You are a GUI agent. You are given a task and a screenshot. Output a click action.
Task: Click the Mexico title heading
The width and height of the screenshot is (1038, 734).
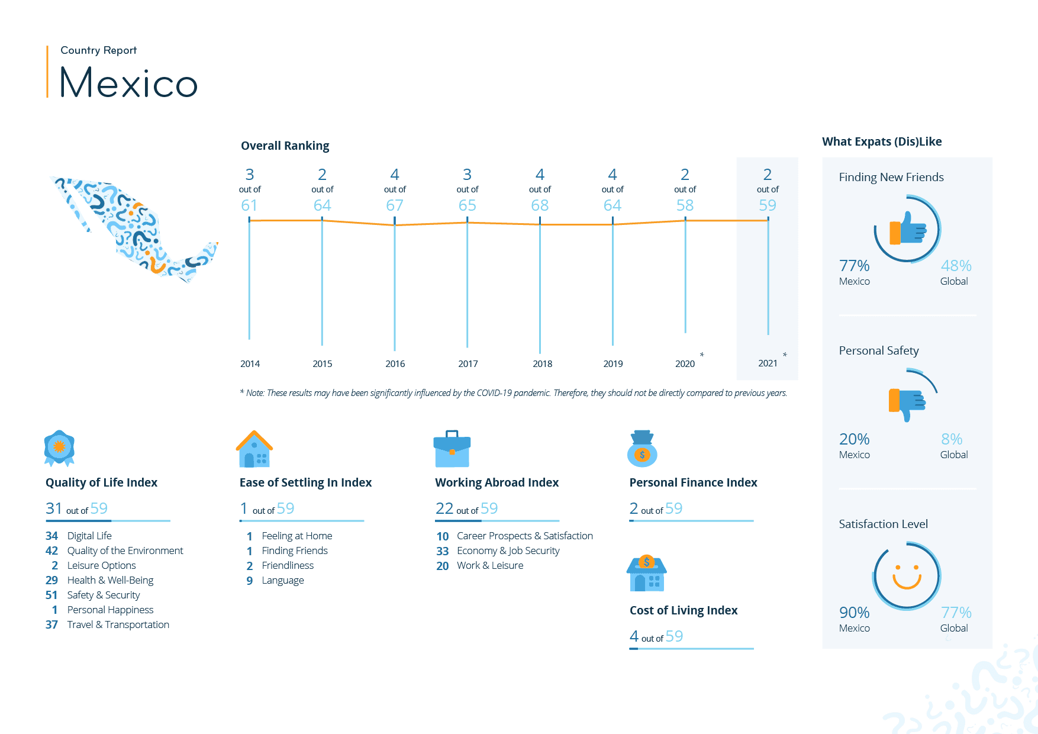(128, 82)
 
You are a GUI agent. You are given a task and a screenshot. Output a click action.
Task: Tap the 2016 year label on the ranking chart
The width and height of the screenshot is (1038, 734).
(395, 363)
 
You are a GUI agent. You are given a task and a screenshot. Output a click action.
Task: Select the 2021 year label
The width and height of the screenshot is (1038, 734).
(768, 363)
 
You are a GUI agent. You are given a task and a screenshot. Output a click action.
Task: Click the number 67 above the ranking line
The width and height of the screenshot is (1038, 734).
(395, 205)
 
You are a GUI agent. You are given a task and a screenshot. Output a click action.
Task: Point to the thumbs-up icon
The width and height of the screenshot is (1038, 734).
(907, 229)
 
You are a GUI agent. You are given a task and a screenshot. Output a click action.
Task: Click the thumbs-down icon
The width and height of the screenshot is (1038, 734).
(907, 403)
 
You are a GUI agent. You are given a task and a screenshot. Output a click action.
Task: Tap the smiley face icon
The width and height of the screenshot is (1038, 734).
(907, 576)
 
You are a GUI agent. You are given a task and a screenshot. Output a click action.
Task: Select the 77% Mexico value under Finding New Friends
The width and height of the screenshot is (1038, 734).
(854, 266)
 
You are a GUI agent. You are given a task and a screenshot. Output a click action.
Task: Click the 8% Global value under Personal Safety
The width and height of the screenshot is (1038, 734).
(952, 439)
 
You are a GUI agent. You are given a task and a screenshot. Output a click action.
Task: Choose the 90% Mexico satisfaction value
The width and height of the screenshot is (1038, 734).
(854, 613)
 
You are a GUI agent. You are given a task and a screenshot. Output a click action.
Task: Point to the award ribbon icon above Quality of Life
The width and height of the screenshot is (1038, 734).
(59, 448)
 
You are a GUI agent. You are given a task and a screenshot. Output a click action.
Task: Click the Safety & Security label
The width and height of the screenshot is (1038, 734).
(104, 595)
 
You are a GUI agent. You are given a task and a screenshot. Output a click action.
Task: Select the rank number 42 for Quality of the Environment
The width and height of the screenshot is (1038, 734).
(52, 550)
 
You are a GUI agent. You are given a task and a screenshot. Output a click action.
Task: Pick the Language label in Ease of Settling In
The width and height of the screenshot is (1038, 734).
(283, 580)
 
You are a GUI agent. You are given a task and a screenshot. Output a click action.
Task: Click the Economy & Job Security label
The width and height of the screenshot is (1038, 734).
(508, 550)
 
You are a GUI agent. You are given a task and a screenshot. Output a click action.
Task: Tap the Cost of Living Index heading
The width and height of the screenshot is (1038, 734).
(684, 610)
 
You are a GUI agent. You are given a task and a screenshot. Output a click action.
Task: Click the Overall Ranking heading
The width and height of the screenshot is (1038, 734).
(285, 146)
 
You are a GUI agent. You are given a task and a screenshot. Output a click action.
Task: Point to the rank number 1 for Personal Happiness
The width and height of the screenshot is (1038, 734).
(54, 610)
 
